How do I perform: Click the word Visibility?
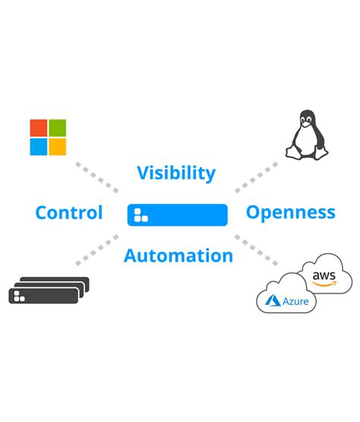point(176,173)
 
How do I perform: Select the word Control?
point(69,213)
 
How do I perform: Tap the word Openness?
point(290,212)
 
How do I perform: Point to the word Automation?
point(178,255)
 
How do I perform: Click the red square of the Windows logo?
point(38,127)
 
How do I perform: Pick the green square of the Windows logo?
point(57,127)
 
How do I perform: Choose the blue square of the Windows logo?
point(38,146)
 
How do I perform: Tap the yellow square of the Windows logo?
point(57,146)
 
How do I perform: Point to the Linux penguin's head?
point(306,119)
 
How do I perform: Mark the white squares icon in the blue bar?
point(141,215)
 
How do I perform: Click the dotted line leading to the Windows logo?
point(96,176)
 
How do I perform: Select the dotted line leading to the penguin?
point(257,176)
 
